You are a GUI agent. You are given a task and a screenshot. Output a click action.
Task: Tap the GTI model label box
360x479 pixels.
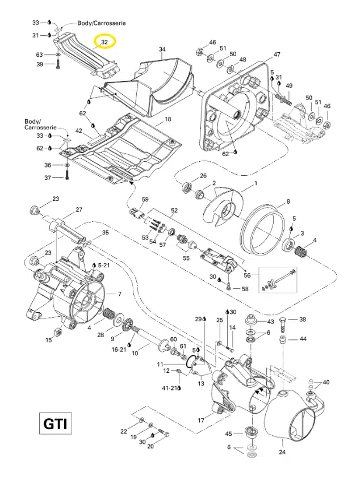pyautogui.click(x=55, y=423)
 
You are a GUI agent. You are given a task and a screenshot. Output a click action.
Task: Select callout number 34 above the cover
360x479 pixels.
pyautogui.click(x=162, y=49)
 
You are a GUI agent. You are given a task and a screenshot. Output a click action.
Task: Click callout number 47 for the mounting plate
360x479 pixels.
pyautogui.click(x=277, y=54)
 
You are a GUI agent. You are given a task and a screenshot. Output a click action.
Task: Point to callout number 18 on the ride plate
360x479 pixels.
pyautogui.click(x=168, y=119)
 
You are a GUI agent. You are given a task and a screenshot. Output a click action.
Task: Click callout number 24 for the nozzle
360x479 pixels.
pyautogui.click(x=282, y=452)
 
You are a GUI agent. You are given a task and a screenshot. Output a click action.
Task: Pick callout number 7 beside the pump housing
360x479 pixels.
pyautogui.click(x=119, y=294)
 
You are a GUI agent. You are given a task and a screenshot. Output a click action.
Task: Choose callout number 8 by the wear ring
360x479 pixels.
pyautogui.click(x=288, y=201)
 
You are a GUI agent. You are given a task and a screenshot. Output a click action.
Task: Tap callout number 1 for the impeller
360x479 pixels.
pyautogui.click(x=256, y=183)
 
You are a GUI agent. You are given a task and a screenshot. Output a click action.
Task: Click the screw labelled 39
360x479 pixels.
pyautogui.click(x=58, y=64)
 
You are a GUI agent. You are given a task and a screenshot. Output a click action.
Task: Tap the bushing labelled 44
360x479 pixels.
pyautogui.click(x=283, y=339)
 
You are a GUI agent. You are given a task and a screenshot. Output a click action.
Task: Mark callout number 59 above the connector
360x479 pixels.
pyautogui.click(x=145, y=199)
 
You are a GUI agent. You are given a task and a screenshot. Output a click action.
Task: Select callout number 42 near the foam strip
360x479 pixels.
pyautogui.click(x=78, y=131)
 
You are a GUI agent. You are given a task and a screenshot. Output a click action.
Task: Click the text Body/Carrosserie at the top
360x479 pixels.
pyautogui.click(x=102, y=23)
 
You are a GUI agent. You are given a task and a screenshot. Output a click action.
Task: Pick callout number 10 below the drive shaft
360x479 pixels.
pyautogui.click(x=135, y=353)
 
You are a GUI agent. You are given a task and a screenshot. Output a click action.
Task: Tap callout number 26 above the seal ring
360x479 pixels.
pyautogui.click(x=203, y=176)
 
